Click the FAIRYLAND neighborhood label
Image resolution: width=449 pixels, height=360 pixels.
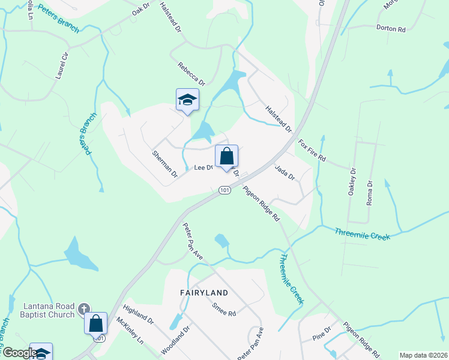tap(203, 292)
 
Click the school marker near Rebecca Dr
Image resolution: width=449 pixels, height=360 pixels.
tap(187, 100)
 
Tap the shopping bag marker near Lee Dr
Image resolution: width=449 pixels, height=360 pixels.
tap(226, 157)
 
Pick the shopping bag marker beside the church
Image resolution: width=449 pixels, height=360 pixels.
tap(96, 324)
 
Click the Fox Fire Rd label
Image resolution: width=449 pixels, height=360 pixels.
tap(312, 151)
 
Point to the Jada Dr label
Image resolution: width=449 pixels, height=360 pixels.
tap(285, 173)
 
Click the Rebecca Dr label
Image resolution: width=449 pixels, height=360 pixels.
tap(191, 74)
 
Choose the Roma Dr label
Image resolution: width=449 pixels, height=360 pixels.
tap(370, 193)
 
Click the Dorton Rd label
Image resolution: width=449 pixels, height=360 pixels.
tap(391, 28)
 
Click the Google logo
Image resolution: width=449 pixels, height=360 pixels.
tap(19, 353)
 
